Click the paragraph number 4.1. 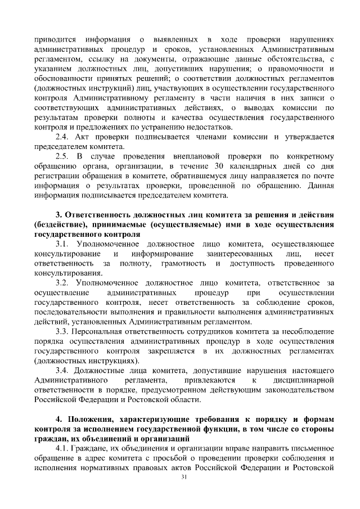coord(62,448)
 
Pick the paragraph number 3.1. coord(62,244)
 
